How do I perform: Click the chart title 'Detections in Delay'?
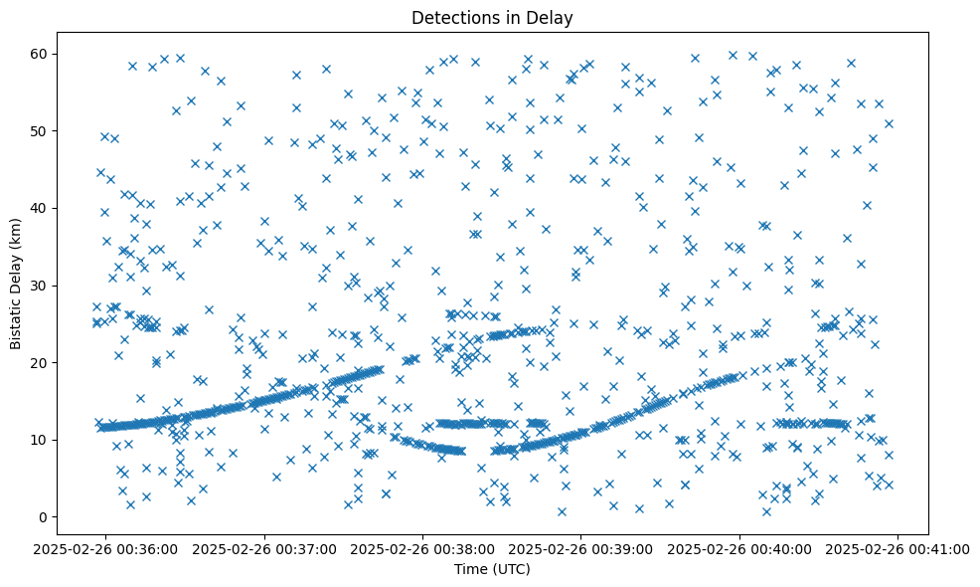coord(492,17)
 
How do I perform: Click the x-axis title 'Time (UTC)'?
coord(492,569)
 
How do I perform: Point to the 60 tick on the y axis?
coord(40,53)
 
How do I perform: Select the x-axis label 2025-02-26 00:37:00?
coord(264,547)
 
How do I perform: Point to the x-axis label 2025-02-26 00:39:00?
coord(581,547)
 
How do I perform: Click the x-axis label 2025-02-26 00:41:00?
coord(898,547)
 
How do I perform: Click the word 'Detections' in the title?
coord(449,17)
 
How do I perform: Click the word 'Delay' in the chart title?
coord(554,17)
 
